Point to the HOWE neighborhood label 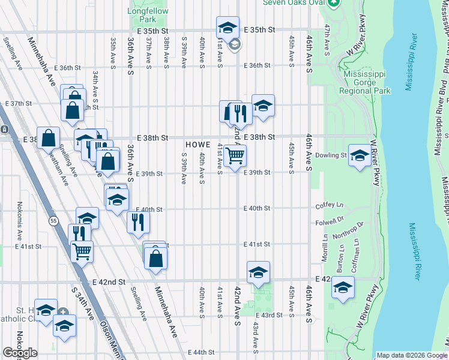[x=197, y=145]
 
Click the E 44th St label [x=200, y=352]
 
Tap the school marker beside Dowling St [x=359, y=155]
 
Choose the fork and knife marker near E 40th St [x=139, y=223]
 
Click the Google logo [x=20, y=353]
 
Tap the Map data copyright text [x=412, y=355]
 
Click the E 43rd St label [x=268, y=315]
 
